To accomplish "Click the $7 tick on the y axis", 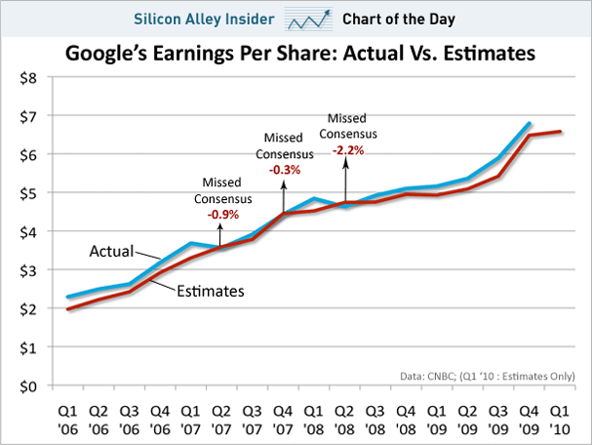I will (26, 116).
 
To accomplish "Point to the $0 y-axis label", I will (26, 386).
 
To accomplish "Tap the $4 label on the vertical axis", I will (26, 232).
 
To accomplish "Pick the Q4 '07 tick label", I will (283, 417).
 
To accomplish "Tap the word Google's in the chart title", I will (104, 55).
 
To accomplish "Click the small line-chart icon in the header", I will (307, 19).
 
